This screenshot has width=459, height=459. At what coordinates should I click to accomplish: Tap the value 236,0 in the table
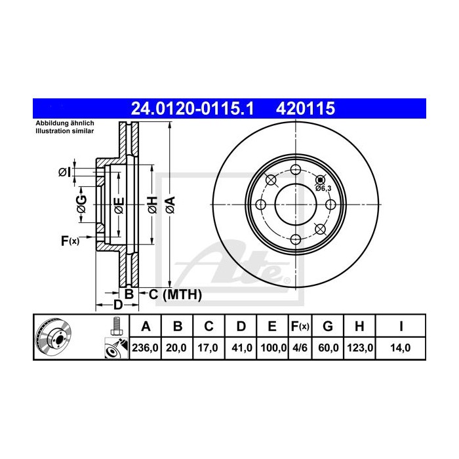pyautogui.click(x=145, y=348)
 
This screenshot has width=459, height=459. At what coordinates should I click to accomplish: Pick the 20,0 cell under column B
pyautogui.click(x=177, y=348)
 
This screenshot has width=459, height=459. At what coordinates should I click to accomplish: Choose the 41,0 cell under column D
pyautogui.click(x=241, y=348)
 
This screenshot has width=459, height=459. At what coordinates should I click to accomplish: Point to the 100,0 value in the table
pyautogui.click(x=273, y=348)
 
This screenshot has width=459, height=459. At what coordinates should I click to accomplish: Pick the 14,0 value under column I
pyautogui.click(x=399, y=348)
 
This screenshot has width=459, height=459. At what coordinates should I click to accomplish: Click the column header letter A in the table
pyautogui.click(x=145, y=326)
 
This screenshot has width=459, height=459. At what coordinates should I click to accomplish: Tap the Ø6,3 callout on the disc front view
pyautogui.click(x=323, y=188)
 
